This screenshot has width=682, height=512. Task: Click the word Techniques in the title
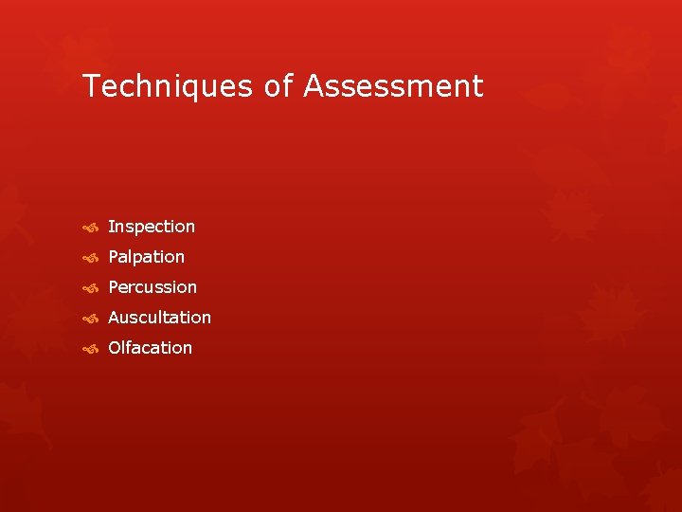(169, 86)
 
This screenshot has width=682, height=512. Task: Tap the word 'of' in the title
(279, 86)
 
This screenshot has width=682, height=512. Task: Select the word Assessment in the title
(394, 86)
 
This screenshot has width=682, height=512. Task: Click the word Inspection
(152, 227)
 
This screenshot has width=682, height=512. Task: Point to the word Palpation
(147, 257)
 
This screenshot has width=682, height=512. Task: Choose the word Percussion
(153, 287)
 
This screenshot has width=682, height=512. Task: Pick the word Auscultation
(159, 318)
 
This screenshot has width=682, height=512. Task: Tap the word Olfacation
(150, 348)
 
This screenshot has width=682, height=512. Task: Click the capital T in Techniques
(92, 86)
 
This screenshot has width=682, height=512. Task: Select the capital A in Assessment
(314, 86)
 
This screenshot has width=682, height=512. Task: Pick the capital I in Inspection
(111, 227)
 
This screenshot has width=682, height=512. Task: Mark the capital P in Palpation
(114, 257)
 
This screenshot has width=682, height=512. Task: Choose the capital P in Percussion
(114, 287)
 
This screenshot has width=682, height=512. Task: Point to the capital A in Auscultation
(115, 318)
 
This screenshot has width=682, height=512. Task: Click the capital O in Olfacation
(116, 348)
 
